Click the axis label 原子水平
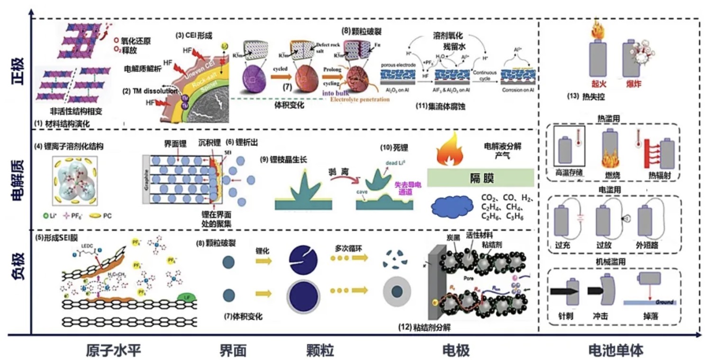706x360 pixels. point(114,351)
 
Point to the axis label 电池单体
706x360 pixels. point(615,351)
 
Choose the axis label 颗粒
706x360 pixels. point(320,351)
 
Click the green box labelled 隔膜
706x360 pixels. point(480,177)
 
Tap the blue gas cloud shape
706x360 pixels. point(453,207)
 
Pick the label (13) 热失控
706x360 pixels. point(585,97)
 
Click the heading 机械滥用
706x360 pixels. point(614,262)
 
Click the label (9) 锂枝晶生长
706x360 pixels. point(284,160)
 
